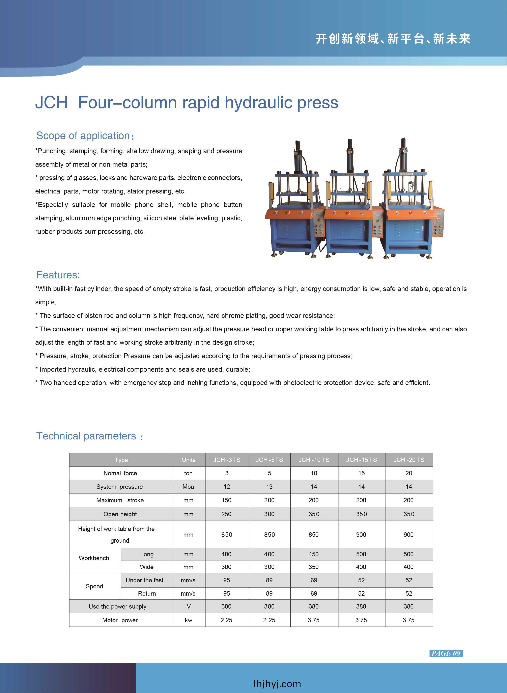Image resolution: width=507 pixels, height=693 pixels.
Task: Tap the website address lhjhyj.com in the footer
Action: tap(277, 684)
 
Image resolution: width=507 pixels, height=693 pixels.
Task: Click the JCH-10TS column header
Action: tap(314, 460)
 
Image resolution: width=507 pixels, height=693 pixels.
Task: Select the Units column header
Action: tap(188, 460)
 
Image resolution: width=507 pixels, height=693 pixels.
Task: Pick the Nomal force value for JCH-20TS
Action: tap(409, 473)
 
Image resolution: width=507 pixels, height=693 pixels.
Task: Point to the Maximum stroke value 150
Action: tap(226, 500)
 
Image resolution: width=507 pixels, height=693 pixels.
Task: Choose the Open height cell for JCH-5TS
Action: tap(269, 514)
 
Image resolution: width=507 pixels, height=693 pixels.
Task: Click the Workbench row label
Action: tap(94, 558)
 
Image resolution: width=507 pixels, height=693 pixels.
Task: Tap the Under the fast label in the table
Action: tap(145, 580)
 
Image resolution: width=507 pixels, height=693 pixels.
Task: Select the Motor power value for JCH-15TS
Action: tap(361, 620)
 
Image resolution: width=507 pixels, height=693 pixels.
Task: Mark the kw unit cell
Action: tap(188, 620)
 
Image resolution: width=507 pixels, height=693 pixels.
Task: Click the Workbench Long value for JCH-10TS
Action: tap(314, 554)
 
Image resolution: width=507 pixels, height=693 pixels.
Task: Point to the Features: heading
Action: tap(58, 275)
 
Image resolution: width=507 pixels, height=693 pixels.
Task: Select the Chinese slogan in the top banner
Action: tap(393, 39)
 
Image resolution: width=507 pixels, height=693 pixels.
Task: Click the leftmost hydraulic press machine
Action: tap(294, 203)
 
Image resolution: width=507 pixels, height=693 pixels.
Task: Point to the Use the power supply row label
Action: tap(118, 606)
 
